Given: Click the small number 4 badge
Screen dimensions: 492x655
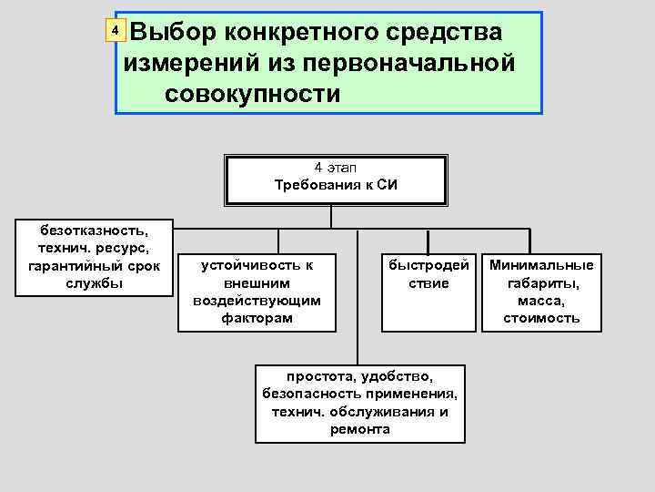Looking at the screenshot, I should tap(115, 31).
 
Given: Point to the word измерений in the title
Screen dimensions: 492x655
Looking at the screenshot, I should tap(187, 63).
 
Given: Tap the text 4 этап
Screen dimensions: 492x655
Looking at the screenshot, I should tap(336, 169).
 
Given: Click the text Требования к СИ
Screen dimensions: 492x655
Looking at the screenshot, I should tap(336, 185).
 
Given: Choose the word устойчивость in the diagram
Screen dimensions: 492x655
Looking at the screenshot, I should tap(257, 265).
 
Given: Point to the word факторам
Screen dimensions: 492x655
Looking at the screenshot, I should tap(257, 318).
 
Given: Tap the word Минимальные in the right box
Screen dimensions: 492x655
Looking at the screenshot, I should tap(541, 265).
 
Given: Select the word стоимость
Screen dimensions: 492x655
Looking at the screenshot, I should tap(541, 318).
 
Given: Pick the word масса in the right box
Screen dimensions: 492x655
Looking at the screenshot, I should tap(541, 301).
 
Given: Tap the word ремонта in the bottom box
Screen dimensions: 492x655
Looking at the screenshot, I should tap(360, 428).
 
